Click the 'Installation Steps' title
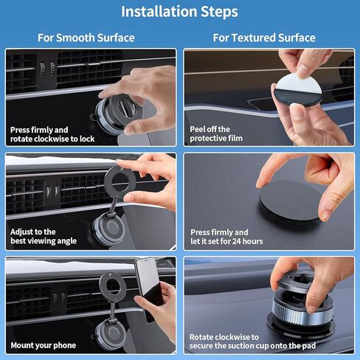[179, 12]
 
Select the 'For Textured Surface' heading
[264, 38]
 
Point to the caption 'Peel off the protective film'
[215, 134]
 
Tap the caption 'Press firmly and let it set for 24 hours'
[226, 236]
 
